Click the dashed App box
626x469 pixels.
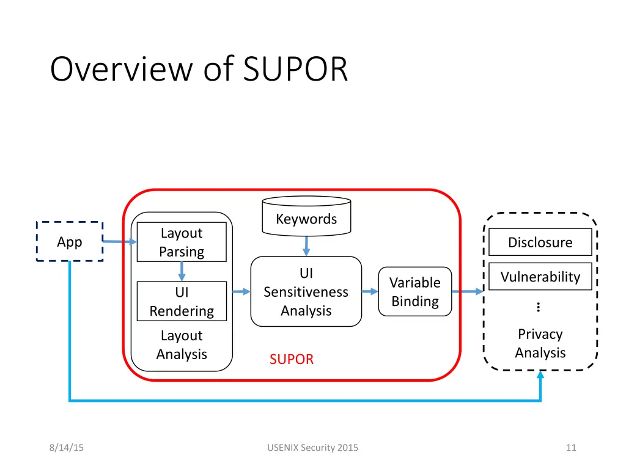(69, 242)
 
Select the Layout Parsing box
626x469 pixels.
(182, 242)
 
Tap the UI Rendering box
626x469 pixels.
(182, 301)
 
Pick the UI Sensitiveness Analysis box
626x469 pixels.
(306, 291)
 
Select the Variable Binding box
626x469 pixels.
(415, 291)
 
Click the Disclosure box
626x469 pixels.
(540, 242)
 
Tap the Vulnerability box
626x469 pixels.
(540, 277)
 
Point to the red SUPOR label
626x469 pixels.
(292, 359)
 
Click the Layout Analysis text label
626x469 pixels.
(182, 344)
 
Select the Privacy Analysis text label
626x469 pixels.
(540, 343)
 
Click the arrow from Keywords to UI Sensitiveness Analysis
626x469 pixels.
(306, 245)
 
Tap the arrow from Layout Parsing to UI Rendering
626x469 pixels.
(182, 271)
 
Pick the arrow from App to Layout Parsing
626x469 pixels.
(119, 242)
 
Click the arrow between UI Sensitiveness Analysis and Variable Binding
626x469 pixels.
(370, 291)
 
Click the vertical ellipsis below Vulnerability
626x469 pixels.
(538, 307)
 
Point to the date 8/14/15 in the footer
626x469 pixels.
(67, 448)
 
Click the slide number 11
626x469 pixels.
(571, 448)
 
